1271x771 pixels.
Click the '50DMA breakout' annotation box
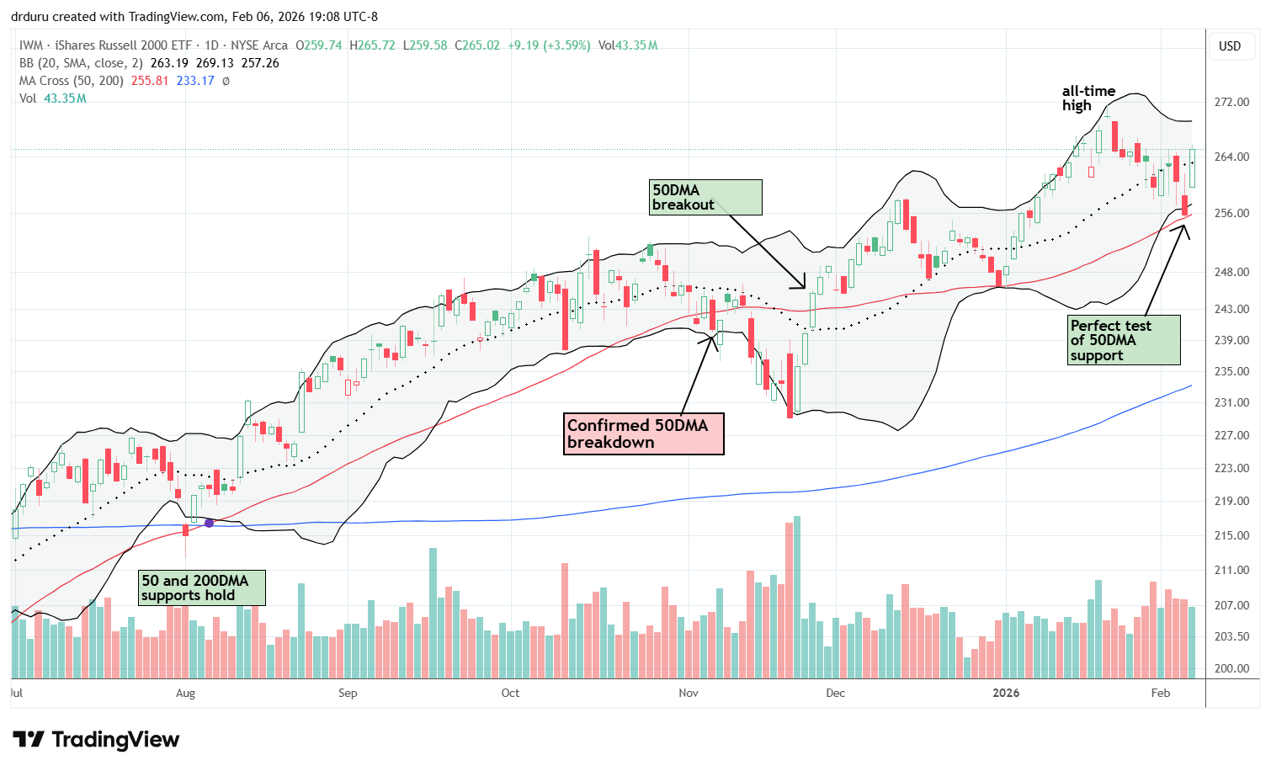pos(705,198)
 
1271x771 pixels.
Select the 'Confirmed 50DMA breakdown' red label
pos(643,434)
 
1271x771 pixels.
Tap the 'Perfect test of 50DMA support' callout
pos(1124,340)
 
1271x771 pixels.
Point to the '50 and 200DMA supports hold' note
pos(202,588)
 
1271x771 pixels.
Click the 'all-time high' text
pos(1088,98)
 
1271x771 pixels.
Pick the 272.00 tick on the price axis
pos(1231,102)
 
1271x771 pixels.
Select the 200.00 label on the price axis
pos(1231,668)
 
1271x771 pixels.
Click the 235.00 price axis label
pos(1231,371)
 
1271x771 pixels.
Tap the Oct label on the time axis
pos(510,693)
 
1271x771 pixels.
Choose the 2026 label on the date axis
pos(1006,693)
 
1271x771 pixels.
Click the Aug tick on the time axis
pos(185,693)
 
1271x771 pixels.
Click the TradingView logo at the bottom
pos(97,740)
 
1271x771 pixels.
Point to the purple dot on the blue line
pos(209,523)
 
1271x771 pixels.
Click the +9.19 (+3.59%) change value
pos(549,45)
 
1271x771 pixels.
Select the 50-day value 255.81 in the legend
pos(150,81)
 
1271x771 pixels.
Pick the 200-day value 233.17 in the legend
pos(195,81)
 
